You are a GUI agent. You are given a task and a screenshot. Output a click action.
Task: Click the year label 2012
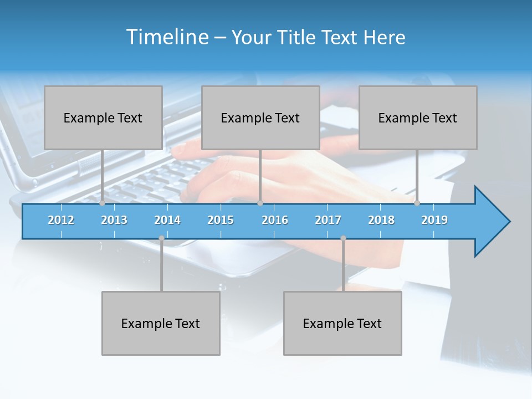[61, 220]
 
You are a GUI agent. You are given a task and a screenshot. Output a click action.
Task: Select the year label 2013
[114, 220]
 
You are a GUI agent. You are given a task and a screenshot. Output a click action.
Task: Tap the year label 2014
[167, 220]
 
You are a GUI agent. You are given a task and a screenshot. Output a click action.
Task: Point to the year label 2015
[221, 220]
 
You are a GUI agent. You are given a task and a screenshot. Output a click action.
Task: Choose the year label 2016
[275, 220]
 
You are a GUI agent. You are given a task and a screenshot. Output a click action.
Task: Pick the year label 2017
[328, 220]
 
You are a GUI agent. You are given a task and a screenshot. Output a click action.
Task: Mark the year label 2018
[381, 220]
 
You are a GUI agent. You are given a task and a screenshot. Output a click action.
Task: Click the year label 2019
[434, 220]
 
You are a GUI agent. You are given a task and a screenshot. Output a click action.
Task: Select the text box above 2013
[103, 117]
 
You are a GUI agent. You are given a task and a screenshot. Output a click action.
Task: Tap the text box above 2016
[260, 117]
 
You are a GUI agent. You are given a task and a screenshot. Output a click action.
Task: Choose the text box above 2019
[418, 117]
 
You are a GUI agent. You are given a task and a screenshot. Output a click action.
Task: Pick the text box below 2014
[161, 323]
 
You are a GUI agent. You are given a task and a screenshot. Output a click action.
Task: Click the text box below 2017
[342, 323]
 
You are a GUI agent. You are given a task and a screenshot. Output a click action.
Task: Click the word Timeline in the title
[166, 37]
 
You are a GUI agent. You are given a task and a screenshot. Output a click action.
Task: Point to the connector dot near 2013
[102, 203]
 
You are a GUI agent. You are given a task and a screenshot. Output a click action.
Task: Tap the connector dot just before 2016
[260, 203]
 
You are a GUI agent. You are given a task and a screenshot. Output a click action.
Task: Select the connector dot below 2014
[161, 238]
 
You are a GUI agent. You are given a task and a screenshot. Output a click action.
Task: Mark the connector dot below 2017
[343, 238]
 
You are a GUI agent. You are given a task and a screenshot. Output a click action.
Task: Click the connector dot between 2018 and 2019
[417, 203]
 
